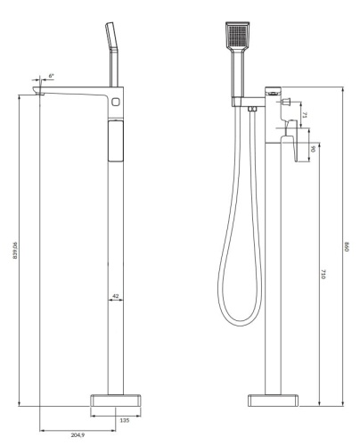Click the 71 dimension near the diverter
click(x=303, y=115)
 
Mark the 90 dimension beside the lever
click(x=313, y=148)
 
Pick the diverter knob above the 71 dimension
click(x=290, y=103)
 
